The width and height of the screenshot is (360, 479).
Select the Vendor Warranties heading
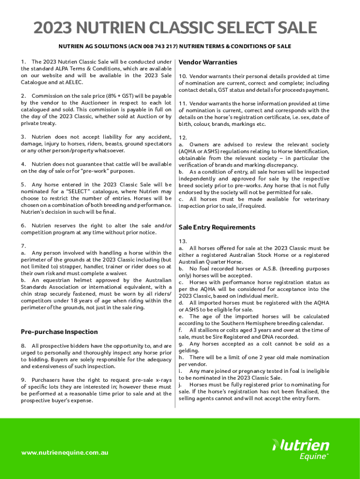point(208,62)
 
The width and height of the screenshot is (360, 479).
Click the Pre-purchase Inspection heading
point(59,332)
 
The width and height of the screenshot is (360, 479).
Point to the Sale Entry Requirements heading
point(217,227)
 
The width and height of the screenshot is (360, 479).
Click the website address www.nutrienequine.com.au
point(65,452)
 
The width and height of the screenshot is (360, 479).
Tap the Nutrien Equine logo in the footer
point(301,449)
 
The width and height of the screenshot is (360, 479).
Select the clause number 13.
point(183,241)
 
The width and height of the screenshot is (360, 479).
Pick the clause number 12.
point(183,138)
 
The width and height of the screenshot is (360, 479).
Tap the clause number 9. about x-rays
point(23,380)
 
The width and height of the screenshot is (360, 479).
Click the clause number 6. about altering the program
point(23,225)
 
